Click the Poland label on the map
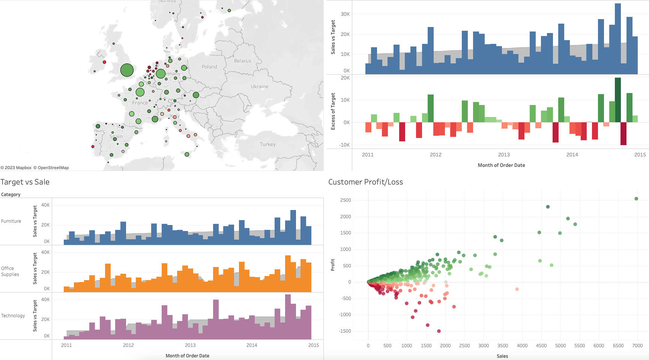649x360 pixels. pyautogui.click(x=209, y=67)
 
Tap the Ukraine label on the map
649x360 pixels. pyautogui.click(x=260, y=87)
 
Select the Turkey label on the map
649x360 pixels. pyautogui.click(x=267, y=144)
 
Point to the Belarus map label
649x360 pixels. pyautogui.click(x=243, y=61)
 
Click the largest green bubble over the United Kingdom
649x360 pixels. pyautogui.click(x=127, y=70)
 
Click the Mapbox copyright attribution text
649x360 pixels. pyautogui.click(x=16, y=168)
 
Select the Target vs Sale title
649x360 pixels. pyautogui.click(x=25, y=182)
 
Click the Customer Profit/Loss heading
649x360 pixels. pyautogui.click(x=365, y=182)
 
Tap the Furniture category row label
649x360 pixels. pyautogui.click(x=11, y=221)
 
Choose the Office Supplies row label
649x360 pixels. pyautogui.click(x=10, y=271)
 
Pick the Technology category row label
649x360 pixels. pyautogui.click(x=13, y=316)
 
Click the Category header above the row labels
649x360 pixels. pyautogui.click(x=11, y=195)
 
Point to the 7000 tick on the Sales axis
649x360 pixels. pyautogui.click(x=637, y=346)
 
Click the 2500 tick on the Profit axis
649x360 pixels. pyautogui.click(x=346, y=200)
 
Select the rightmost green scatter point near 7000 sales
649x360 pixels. pyautogui.click(x=636, y=199)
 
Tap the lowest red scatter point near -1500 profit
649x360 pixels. pyautogui.click(x=439, y=331)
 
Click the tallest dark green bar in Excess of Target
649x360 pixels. pyautogui.click(x=618, y=100)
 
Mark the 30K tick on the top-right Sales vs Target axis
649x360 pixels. pyautogui.click(x=345, y=14)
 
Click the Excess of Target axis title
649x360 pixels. pyautogui.click(x=333, y=111)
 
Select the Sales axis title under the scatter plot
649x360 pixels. pyautogui.click(x=502, y=356)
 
